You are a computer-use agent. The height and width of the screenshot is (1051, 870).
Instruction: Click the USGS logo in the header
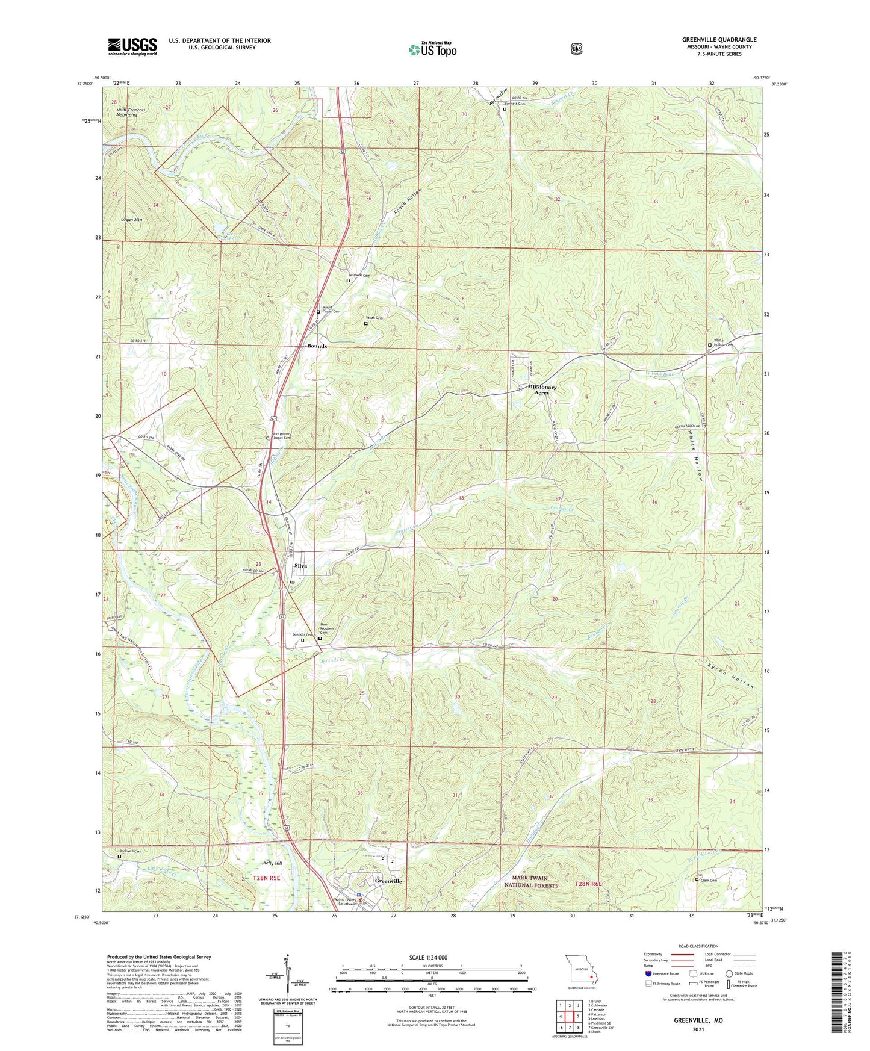point(132,46)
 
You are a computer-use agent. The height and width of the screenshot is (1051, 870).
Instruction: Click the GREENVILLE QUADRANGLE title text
point(719,40)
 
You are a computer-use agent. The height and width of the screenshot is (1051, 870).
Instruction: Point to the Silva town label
point(301,566)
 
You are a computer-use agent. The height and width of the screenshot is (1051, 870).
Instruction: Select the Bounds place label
point(317,346)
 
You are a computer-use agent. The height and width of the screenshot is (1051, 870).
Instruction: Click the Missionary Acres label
point(542,389)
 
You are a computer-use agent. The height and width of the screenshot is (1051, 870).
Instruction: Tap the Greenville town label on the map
point(388,881)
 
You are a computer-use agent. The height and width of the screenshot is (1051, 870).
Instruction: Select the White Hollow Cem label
point(723,343)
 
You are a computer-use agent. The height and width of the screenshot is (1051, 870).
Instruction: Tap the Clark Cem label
point(709,880)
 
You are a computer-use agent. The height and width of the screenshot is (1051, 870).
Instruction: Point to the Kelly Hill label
point(272,863)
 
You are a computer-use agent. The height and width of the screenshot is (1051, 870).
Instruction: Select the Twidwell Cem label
point(358,275)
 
